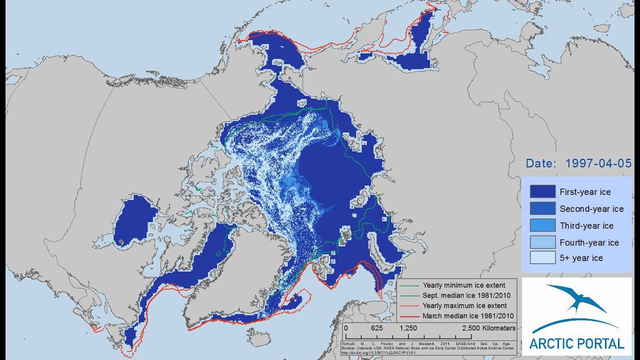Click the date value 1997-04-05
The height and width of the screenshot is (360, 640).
click(x=598, y=163)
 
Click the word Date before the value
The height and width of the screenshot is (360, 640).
click(x=541, y=163)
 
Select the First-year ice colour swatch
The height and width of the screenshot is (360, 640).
click(x=542, y=191)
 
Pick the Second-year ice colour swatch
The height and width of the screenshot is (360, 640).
click(x=542, y=208)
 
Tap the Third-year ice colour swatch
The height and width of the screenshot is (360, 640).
click(x=542, y=225)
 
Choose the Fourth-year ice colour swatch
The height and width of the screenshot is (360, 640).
click(x=542, y=242)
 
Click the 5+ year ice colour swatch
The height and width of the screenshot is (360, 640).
click(x=542, y=258)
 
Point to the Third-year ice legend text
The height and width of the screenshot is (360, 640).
click(x=586, y=225)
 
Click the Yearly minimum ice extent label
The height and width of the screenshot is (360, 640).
click(x=463, y=285)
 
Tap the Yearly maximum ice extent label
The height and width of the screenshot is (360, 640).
click(x=464, y=305)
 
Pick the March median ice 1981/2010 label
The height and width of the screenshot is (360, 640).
click(x=468, y=315)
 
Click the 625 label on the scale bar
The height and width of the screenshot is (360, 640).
click(x=377, y=328)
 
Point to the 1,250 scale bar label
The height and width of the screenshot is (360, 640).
click(x=408, y=328)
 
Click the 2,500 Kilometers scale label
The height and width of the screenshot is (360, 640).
click(x=488, y=328)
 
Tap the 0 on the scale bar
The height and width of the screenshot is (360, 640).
click(x=346, y=328)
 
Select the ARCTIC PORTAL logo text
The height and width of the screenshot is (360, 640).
click(x=576, y=343)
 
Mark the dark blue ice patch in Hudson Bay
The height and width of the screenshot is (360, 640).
click(x=135, y=220)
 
